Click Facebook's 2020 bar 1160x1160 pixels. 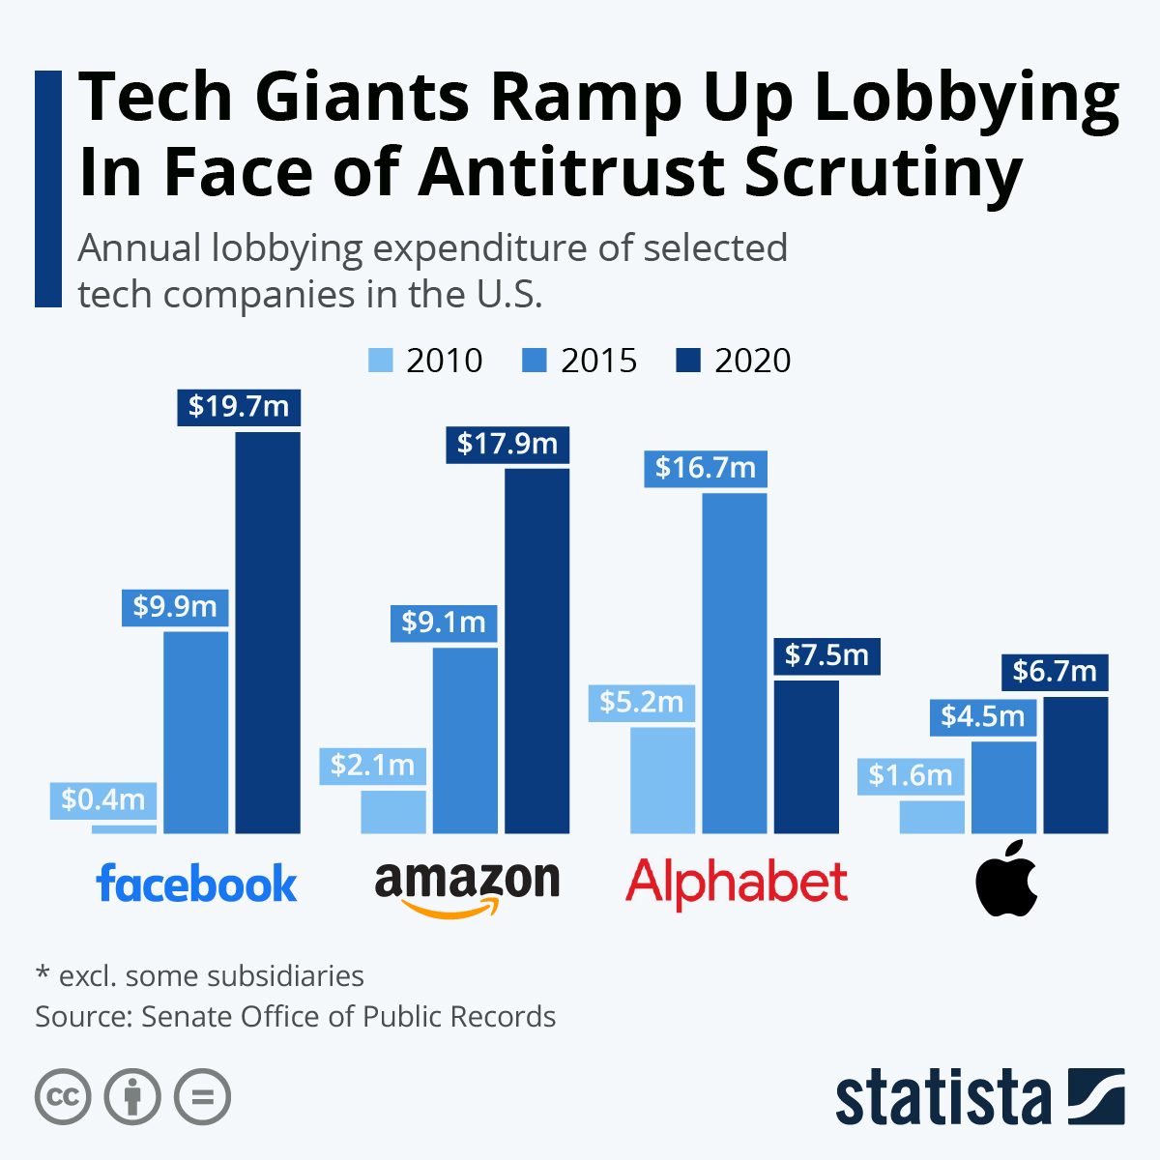268,632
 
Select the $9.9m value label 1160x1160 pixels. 175,607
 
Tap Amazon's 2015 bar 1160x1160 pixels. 465,739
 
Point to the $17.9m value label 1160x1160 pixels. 507,444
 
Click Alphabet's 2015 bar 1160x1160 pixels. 735,662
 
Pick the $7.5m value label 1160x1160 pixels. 826,655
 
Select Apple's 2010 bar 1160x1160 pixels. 932,817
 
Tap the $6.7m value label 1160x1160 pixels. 1055,671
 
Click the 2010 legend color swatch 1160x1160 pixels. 381,361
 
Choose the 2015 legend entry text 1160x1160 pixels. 598,361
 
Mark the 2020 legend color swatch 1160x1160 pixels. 688,361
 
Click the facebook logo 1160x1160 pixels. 197,884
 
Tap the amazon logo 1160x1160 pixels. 467,885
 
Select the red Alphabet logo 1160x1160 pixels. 737,884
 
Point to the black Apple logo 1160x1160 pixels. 1006,879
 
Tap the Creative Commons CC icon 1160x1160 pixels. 63,1097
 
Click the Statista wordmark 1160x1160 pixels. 942,1098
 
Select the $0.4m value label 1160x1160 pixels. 102,798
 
